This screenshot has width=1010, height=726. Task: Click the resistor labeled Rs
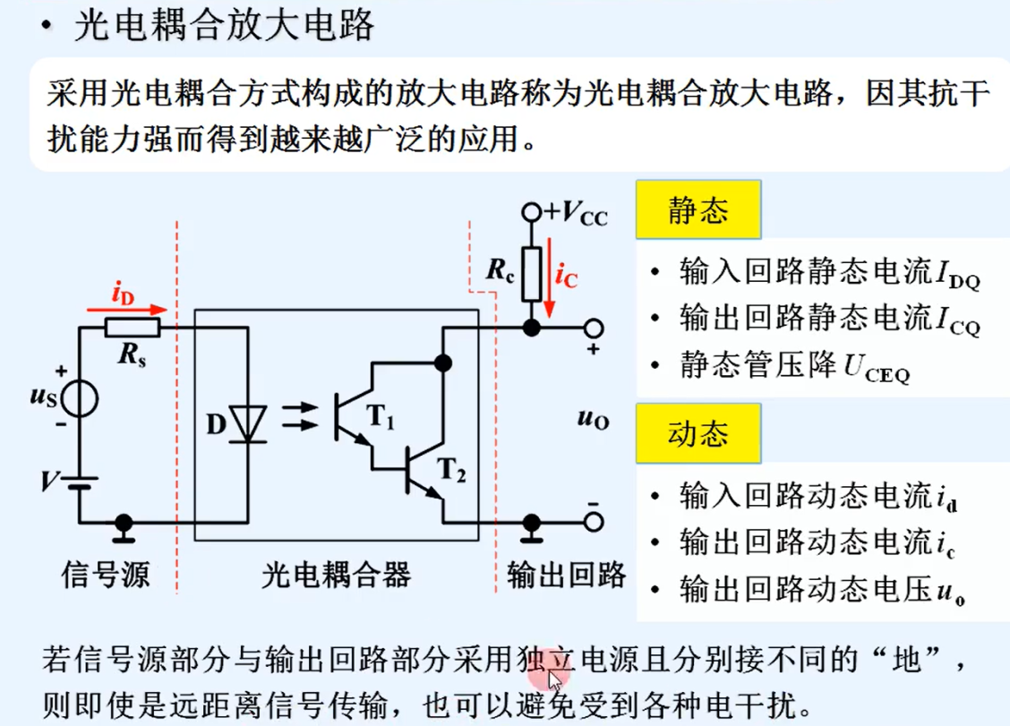(x=133, y=328)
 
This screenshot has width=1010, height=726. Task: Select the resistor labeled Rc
(x=531, y=274)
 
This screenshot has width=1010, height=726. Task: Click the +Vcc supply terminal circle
(x=532, y=212)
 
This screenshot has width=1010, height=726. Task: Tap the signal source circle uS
(x=79, y=398)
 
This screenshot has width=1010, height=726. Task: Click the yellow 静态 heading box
(x=698, y=209)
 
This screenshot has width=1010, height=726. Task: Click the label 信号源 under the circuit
(x=106, y=575)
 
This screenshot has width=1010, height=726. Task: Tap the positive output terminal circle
(x=593, y=328)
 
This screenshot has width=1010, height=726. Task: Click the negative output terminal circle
(x=593, y=521)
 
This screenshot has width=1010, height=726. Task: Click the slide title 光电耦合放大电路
(x=224, y=26)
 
